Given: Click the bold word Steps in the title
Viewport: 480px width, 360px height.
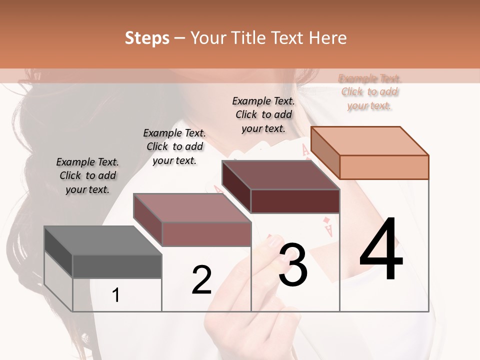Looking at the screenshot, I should (147, 38).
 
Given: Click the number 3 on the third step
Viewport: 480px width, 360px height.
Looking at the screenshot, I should (293, 265).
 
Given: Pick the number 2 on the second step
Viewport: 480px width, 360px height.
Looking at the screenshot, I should (202, 280).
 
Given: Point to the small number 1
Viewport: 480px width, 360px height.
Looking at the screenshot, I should (116, 295).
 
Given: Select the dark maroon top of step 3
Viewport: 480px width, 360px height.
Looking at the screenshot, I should (280, 175).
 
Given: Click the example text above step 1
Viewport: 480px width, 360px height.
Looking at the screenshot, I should (87, 175).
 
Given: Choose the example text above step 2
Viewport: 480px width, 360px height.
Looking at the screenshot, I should (174, 146).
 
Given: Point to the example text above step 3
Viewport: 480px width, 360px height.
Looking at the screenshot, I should (263, 114).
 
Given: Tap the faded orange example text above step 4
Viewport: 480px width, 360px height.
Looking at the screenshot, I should (369, 92).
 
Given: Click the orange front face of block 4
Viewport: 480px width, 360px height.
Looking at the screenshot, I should (384, 167).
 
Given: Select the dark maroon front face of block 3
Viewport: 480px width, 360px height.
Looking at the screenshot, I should (295, 201).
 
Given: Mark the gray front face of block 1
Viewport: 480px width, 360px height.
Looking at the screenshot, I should (117, 266).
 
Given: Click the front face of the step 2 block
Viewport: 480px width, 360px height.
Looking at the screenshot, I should (206, 234).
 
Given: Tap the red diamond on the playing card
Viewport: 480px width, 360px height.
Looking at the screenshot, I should (326, 220).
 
